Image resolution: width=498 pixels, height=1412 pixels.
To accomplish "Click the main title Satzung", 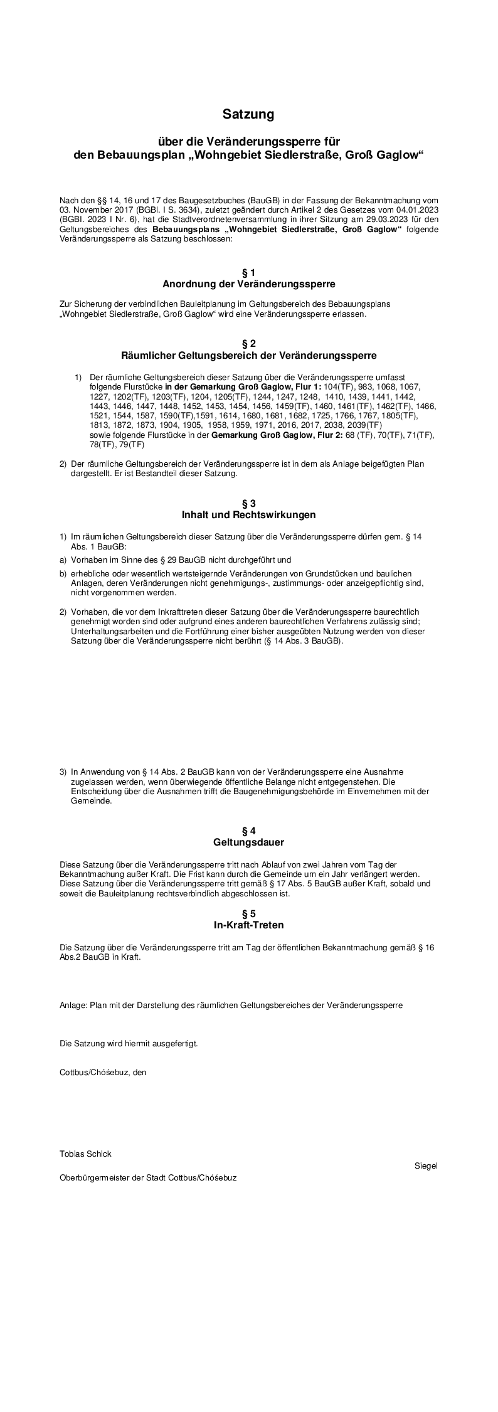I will [x=248, y=115].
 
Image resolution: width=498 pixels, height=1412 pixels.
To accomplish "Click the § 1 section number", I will [x=248, y=273].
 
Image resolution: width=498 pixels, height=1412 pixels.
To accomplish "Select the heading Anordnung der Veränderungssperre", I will [x=248, y=284].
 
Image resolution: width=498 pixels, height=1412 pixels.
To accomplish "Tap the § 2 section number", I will [x=248, y=344].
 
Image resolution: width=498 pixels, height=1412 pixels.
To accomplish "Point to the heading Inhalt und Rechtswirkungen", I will [x=248, y=515].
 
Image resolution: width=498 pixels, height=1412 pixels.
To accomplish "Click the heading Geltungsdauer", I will [x=248, y=842].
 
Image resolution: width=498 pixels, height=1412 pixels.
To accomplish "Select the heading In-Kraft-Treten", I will [x=248, y=925].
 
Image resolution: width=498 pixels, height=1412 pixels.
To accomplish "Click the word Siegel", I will [x=426, y=1166].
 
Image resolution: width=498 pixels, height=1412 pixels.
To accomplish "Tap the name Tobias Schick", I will [x=85, y=1154].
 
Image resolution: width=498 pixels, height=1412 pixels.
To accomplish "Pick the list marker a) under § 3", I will [x=63, y=560].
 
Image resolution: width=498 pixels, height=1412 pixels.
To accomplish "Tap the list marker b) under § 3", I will [x=63, y=573].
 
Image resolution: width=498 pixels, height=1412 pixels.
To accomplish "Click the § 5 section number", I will [x=248, y=914].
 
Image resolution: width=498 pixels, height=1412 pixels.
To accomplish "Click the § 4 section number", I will [x=248, y=831].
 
